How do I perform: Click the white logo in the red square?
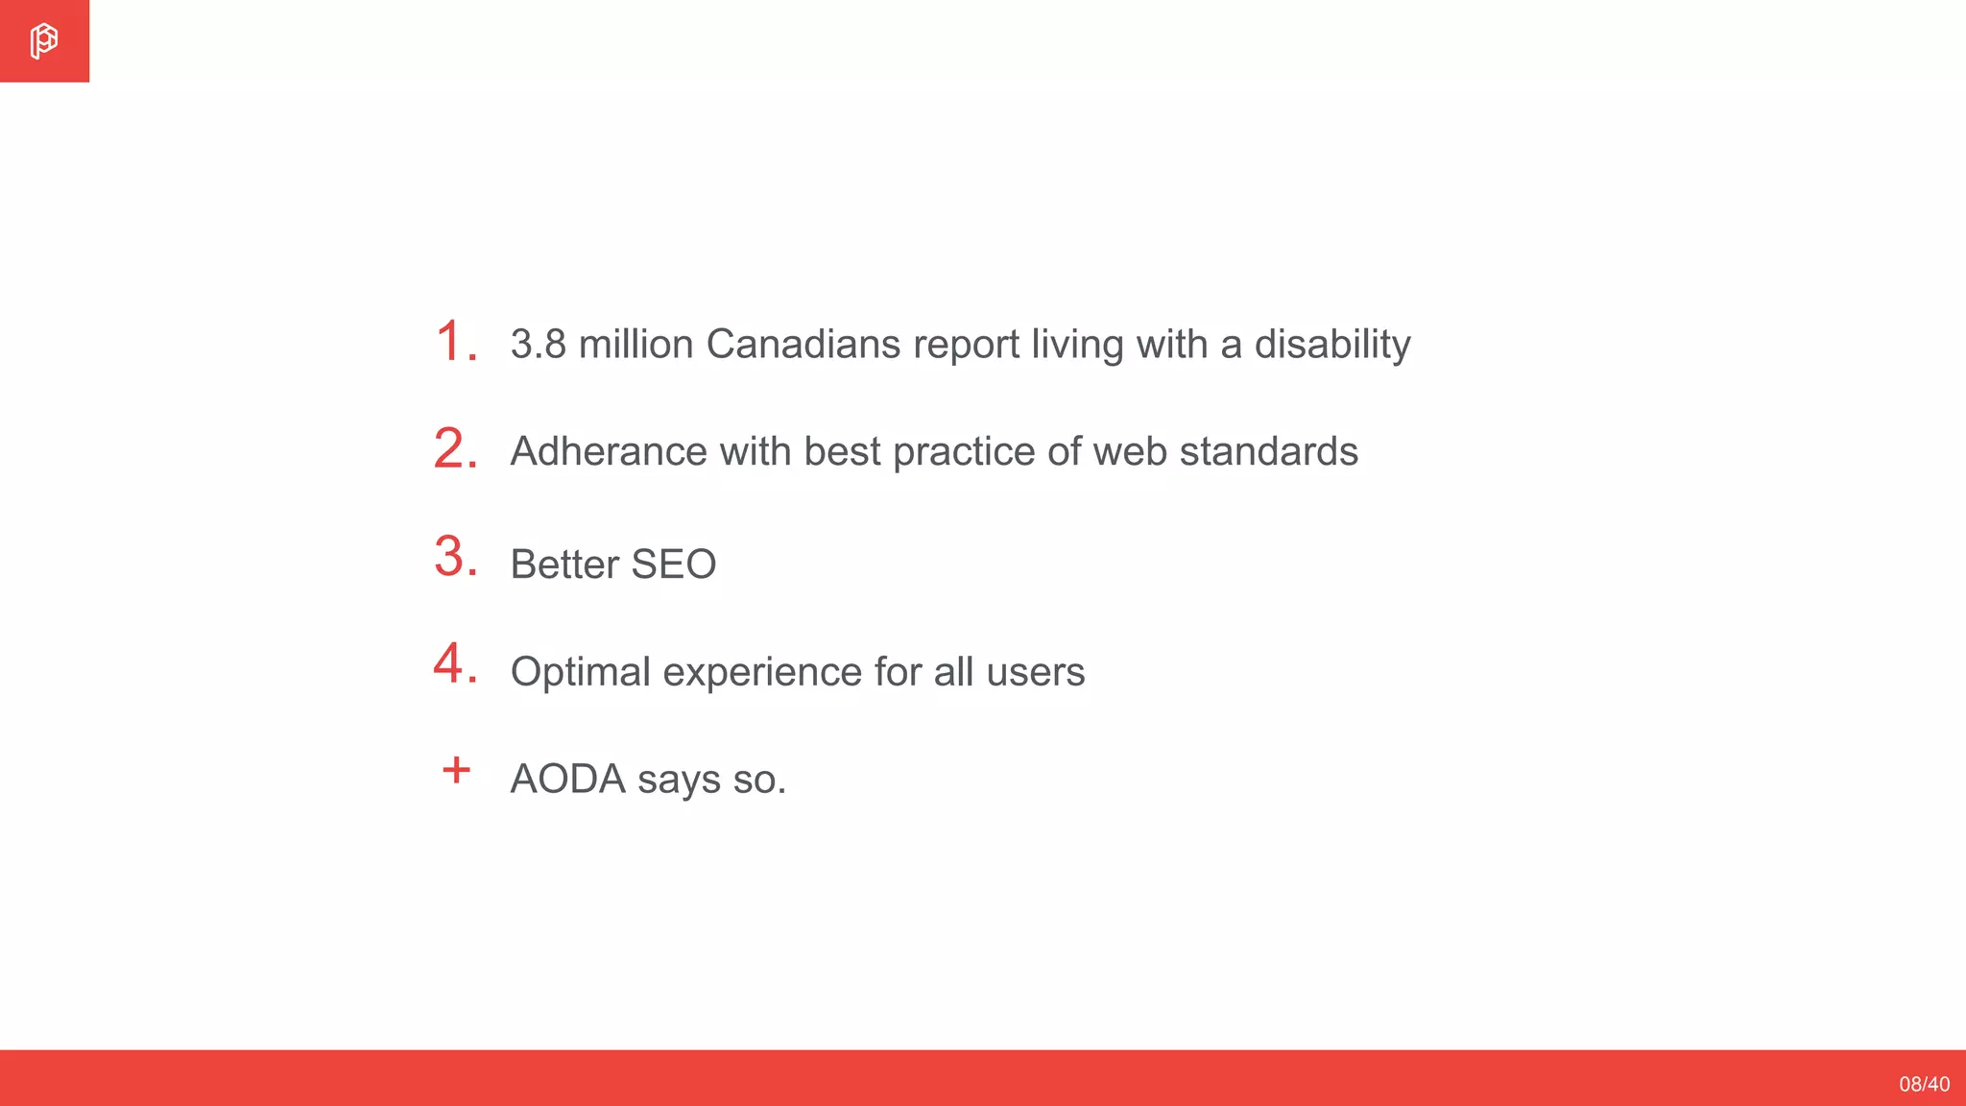(x=43, y=41)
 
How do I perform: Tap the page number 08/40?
(x=1924, y=1084)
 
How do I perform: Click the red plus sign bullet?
(x=456, y=770)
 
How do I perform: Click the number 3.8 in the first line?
(x=538, y=345)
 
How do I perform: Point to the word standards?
(x=1268, y=452)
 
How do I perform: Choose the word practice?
(x=964, y=452)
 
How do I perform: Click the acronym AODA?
(x=567, y=780)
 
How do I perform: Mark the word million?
(x=635, y=345)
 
